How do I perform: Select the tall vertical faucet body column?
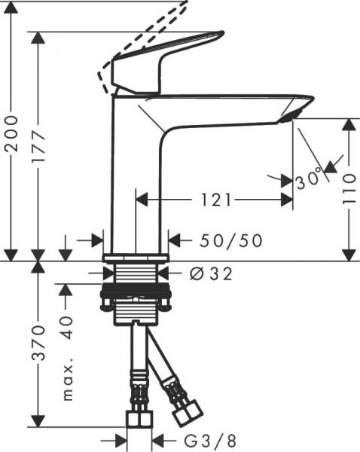[136, 173]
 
